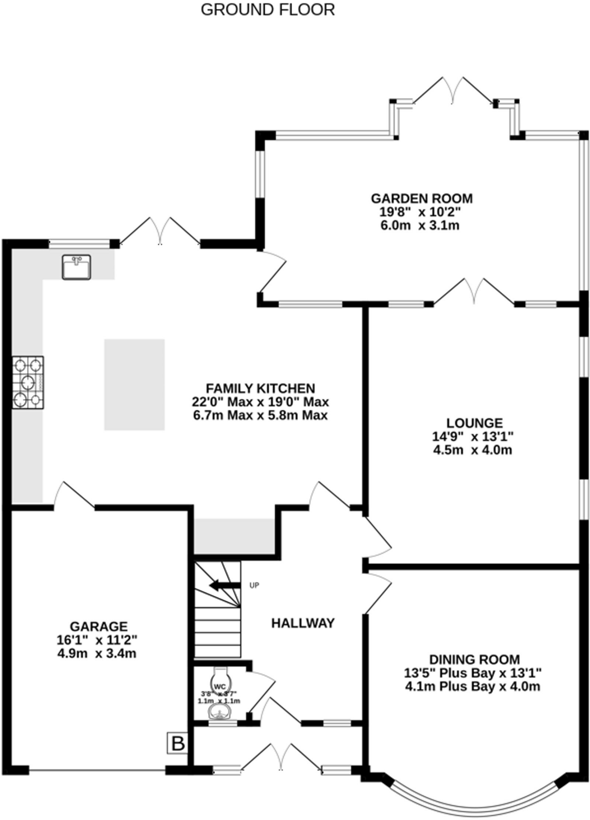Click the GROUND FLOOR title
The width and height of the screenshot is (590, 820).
coord(268,10)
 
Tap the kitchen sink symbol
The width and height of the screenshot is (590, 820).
coord(76,267)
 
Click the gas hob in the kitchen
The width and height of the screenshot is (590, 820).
coord(28,382)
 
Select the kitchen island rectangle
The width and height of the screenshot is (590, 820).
coord(135,384)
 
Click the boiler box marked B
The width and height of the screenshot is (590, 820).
coord(177,744)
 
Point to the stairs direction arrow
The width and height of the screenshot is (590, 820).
coord(224,585)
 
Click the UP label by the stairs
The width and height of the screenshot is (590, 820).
coord(254,585)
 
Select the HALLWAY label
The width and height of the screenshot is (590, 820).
coord(303,623)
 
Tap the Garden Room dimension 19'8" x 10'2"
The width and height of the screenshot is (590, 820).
coord(420,212)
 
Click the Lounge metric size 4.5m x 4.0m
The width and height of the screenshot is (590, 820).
coord(473,450)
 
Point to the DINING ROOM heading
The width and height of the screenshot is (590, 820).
coord(475,659)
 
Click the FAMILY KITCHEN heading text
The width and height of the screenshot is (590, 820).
coord(260,388)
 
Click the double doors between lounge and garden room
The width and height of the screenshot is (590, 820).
coord(474,292)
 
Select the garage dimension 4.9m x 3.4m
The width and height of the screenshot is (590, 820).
coord(97,653)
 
